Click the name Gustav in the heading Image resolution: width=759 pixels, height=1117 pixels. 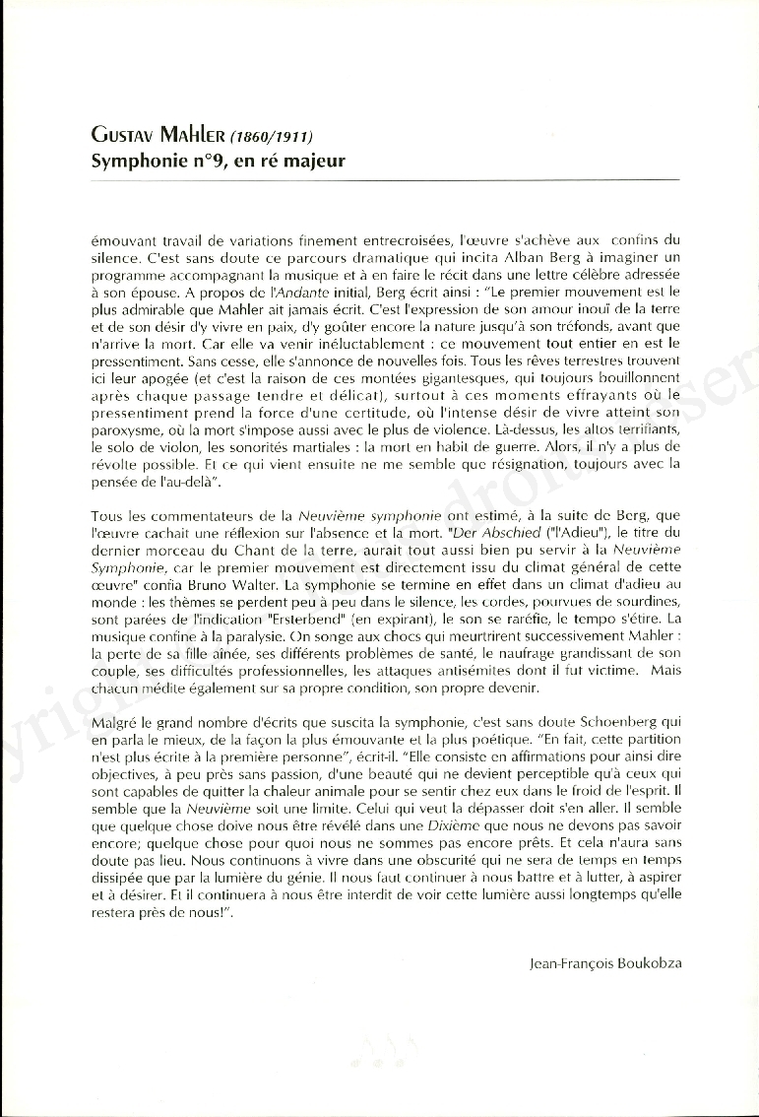point(124,136)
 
